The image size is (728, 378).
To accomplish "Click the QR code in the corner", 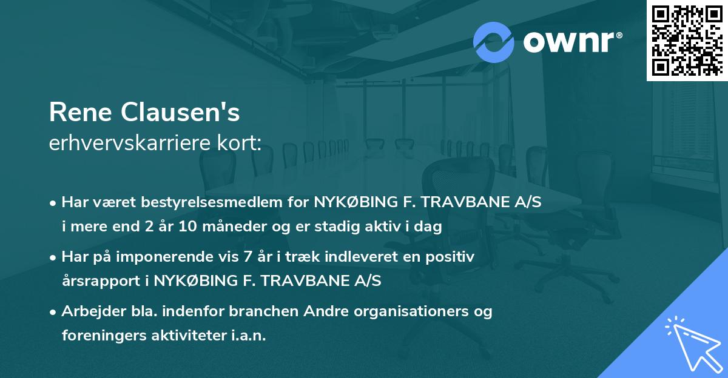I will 687,40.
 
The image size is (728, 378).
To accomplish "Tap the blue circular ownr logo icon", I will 494,42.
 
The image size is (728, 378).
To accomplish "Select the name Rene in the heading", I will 81,113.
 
